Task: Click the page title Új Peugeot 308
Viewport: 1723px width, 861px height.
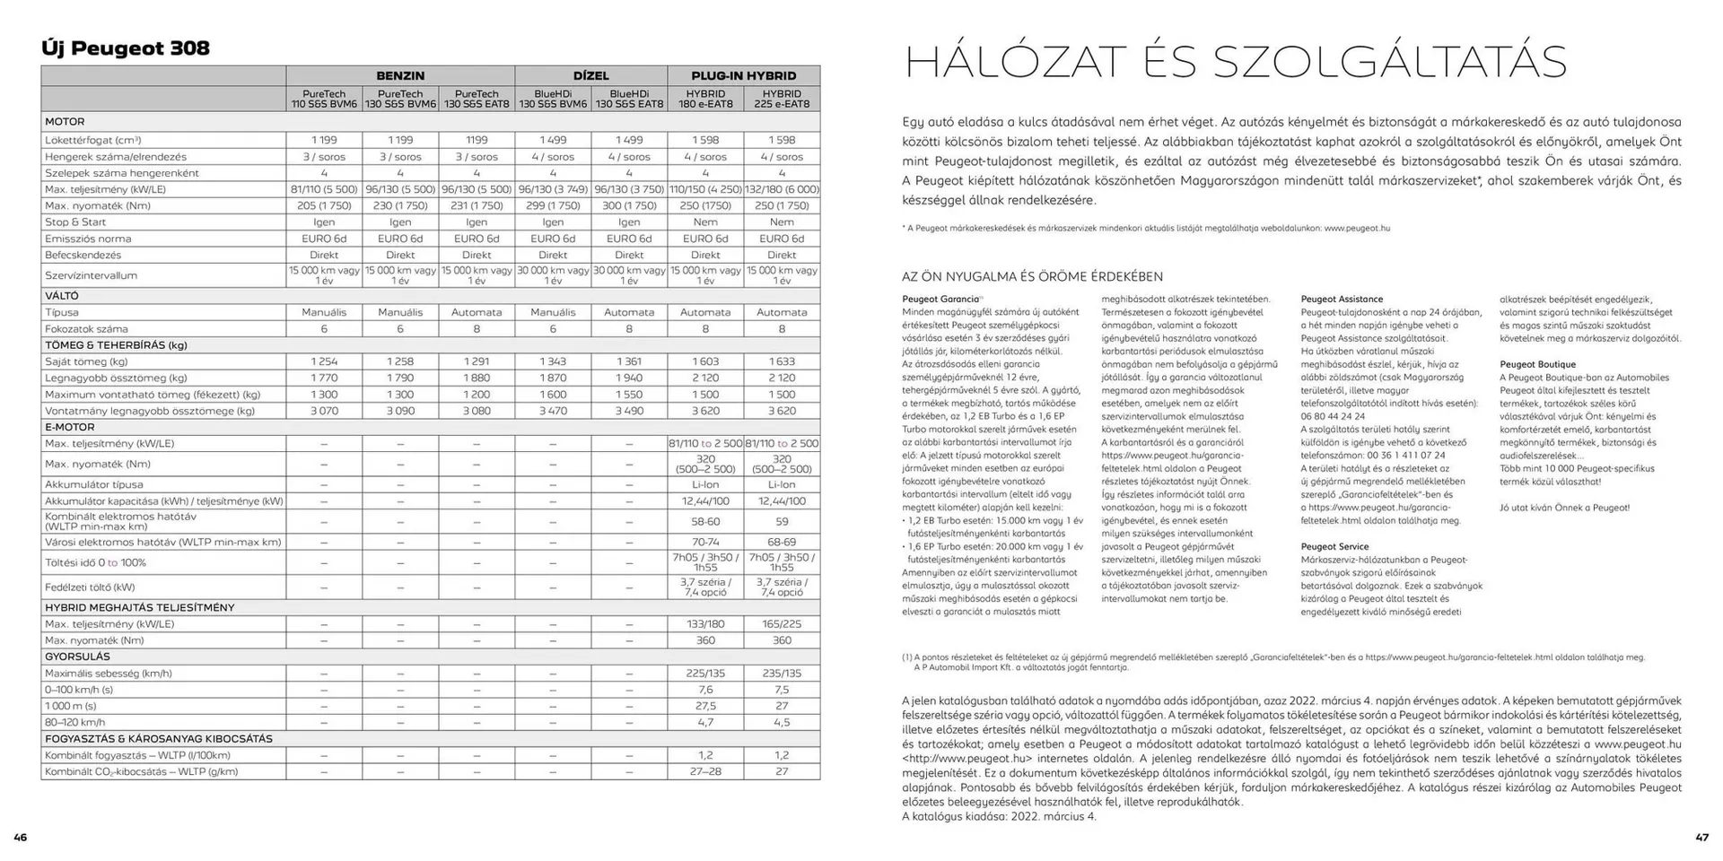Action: pos(126,48)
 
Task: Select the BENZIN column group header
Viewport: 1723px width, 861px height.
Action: pos(400,76)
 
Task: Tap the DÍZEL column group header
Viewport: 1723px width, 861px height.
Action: pos(590,76)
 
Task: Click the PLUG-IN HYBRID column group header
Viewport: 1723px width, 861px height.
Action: pos(743,76)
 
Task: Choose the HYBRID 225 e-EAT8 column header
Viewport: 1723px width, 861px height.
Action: pos(782,99)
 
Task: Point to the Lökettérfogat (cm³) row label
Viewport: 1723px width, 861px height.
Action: pos(93,140)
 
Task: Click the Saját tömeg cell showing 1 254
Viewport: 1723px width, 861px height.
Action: pos(324,361)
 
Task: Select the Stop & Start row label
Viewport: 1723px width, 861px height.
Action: pos(75,222)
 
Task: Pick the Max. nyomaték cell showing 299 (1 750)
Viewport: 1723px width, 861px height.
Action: pos(553,205)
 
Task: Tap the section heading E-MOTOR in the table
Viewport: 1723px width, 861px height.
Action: pos(70,427)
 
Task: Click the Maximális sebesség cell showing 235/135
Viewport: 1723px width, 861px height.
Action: pos(782,673)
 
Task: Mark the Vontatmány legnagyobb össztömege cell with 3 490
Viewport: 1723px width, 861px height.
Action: pos(629,411)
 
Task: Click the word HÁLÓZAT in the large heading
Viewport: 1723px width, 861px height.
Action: pos(1014,63)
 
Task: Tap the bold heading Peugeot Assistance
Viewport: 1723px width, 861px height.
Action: pos(1342,300)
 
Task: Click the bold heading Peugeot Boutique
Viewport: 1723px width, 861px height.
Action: pos(1537,364)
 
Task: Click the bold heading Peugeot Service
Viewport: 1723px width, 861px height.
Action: pos(1334,546)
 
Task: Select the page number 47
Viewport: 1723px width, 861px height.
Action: pos(1701,838)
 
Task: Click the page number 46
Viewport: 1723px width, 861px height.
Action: pos(21,838)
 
